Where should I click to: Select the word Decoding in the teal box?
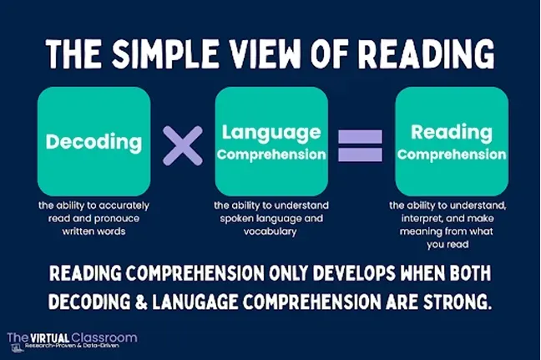coord(94,142)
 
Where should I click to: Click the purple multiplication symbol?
coord(183,145)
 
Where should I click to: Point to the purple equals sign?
coord(360,145)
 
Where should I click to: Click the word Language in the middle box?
coord(271,133)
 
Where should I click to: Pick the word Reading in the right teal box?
coord(452,133)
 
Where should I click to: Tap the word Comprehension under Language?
coord(271,155)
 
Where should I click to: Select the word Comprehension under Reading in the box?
coord(452,155)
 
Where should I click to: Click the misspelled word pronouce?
coord(117,219)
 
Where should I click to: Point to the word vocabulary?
coord(270,231)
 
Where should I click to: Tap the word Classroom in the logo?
coord(104,337)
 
